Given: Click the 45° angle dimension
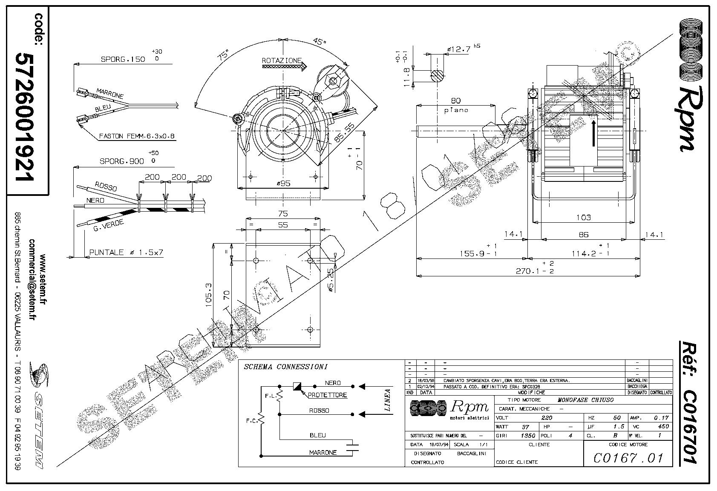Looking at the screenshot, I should point(319,42).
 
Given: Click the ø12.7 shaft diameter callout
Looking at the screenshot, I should point(460,49).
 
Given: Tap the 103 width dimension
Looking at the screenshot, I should point(583,217).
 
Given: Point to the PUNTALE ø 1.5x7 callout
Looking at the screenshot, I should point(126,253).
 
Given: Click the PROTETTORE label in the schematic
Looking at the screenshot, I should point(327,395).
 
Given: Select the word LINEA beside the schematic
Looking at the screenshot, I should point(387,399).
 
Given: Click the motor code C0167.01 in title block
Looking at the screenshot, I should point(628,458).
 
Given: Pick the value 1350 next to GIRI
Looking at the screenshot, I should point(527,436).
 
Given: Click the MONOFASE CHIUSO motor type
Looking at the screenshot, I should point(585,400).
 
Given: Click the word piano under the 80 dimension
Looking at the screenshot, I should point(456,110).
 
